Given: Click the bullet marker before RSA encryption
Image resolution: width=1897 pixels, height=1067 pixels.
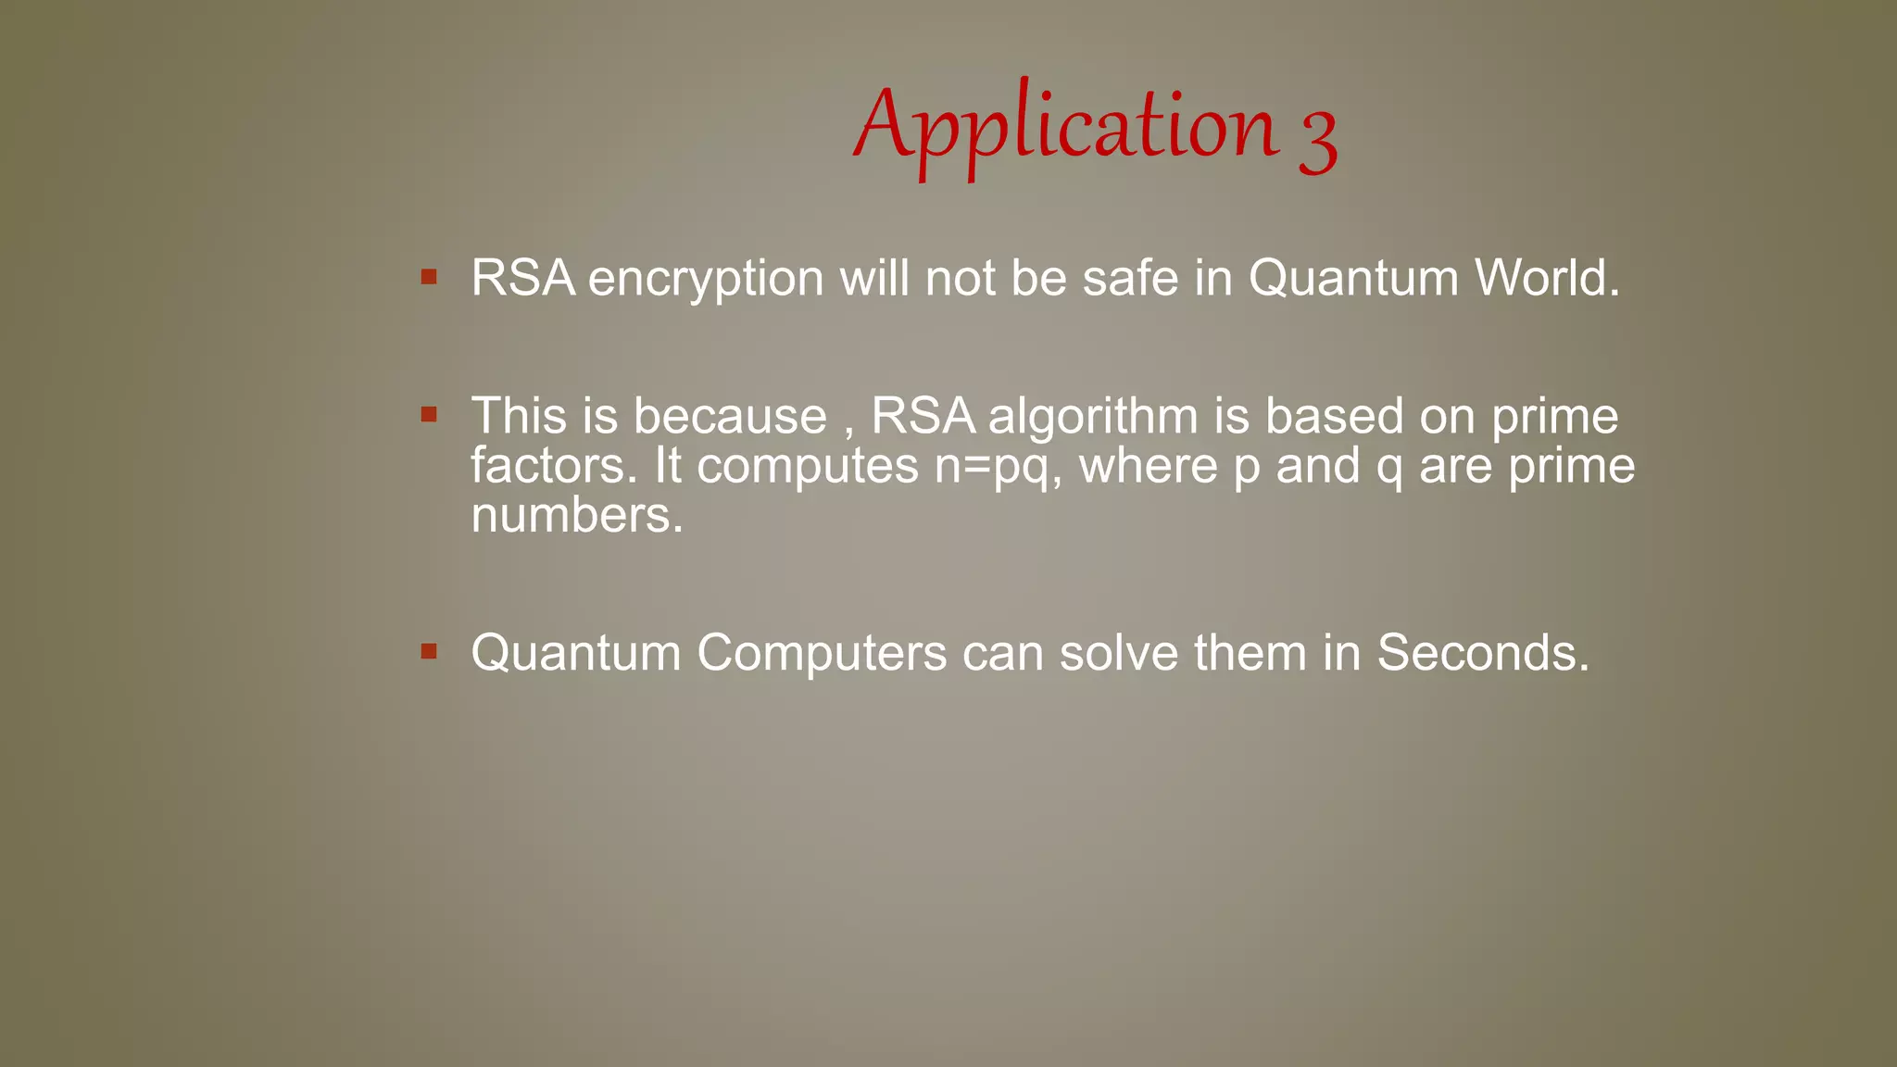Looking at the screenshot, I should tap(429, 277).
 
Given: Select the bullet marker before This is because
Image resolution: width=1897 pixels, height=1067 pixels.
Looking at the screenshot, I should tap(429, 414).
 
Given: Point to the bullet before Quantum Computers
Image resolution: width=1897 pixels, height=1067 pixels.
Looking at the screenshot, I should tap(429, 651).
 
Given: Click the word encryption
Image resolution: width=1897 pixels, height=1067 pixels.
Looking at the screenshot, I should tap(706, 279).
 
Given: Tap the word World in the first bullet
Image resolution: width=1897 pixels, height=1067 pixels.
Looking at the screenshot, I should tap(1546, 278).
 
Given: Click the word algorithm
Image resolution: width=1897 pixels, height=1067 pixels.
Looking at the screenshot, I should tap(1093, 417).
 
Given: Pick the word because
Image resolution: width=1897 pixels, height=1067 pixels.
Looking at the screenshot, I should tap(730, 416).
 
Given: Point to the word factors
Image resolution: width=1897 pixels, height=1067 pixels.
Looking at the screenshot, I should tap(553, 465).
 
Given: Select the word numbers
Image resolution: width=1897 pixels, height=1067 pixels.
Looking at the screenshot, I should tap(576, 516).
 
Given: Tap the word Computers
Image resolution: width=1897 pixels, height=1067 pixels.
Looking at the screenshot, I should tap(822, 653).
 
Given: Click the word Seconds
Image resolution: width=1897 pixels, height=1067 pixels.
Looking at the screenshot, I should tap(1482, 653).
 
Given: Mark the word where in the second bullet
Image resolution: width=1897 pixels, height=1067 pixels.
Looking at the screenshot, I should tap(1149, 465).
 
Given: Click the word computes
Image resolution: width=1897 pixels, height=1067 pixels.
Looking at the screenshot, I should tap(807, 467).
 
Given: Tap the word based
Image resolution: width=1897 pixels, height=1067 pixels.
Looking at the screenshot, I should tap(1335, 416).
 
